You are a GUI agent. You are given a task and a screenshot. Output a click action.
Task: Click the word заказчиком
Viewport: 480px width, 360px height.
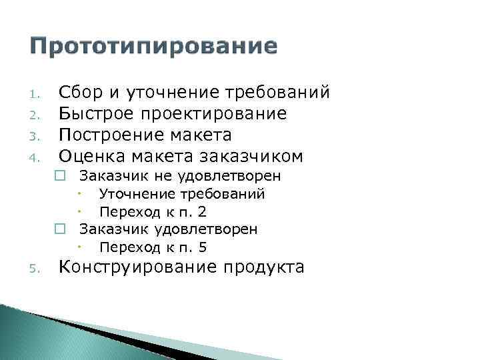coord(256,156)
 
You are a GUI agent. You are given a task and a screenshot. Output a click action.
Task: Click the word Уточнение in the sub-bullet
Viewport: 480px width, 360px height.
coord(135,194)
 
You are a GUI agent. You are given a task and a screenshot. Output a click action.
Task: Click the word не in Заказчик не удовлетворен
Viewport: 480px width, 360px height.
coord(145,176)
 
